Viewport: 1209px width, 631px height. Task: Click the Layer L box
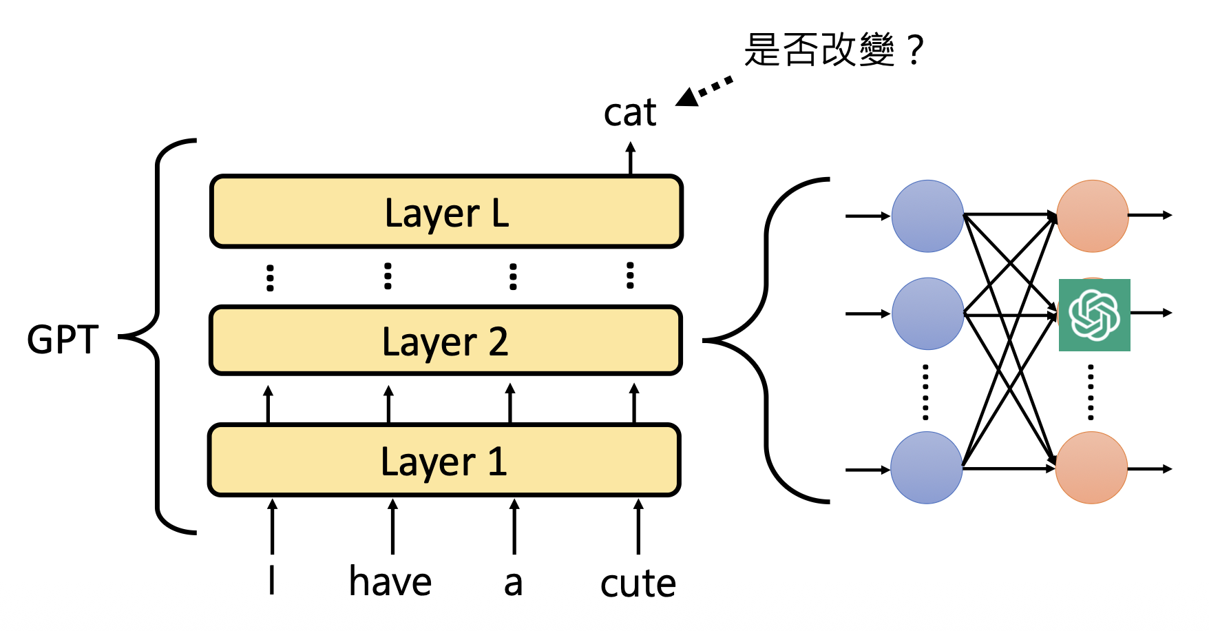pyautogui.click(x=446, y=211)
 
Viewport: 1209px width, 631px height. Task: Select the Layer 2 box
pyautogui.click(x=445, y=340)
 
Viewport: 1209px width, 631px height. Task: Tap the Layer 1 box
pyautogui.click(x=444, y=460)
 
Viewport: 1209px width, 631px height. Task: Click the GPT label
pyautogui.click(x=63, y=340)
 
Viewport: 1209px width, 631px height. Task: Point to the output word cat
pyautogui.click(x=630, y=112)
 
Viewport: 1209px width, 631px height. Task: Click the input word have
pyautogui.click(x=390, y=581)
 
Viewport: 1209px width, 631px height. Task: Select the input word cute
pyautogui.click(x=638, y=583)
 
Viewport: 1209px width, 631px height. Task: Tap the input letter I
pyautogui.click(x=272, y=580)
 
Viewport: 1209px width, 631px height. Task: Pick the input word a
pyautogui.click(x=513, y=583)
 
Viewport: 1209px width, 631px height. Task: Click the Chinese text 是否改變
pyautogui.click(x=819, y=50)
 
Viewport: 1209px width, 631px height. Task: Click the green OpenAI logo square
pyautogui.click(x=1094, y=315)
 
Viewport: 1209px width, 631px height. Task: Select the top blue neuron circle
pyautogui.click(x=927, y=216)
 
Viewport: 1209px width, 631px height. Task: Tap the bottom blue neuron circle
pyautogui.click(x=926, y=468)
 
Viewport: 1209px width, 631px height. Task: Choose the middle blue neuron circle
pyautogui.click(x=927, y=313)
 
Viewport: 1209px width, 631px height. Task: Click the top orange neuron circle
pyautogui.click(x=1092, y=216)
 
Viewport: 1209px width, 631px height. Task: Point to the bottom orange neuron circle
pyautogui.click(x=1091, y=468)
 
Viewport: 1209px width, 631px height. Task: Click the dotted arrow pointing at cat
pyautogui.click(x=704, y=91)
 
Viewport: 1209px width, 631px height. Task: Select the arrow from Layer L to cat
pyautogui.click(x=630, y=158)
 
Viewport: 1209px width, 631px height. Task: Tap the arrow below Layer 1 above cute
pyautogui.click(x=638, y=526)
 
